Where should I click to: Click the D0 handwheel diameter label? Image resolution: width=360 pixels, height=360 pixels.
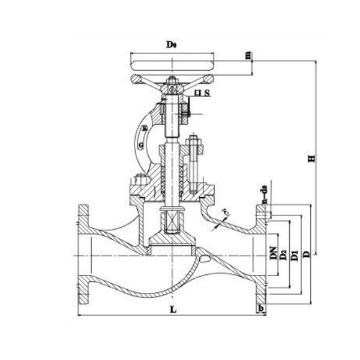170,45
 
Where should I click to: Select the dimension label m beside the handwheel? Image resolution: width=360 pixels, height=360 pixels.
248,56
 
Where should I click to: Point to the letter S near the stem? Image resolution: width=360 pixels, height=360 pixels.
206,94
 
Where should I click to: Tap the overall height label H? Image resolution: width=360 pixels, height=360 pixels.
311,158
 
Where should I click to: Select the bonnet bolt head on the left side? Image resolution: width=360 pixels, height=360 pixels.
136,179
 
